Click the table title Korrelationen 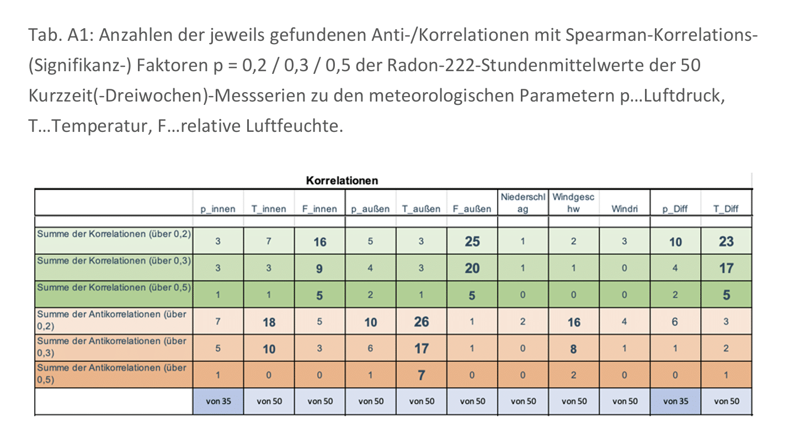click(342, 180)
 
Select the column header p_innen click(218, 209)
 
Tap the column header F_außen click(472, 209)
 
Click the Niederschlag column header click(523, 203)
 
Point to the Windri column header click(625, 209)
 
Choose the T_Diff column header click(726, 209)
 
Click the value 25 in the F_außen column click(472, 242)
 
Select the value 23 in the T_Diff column click(726, 242)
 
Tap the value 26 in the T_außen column click(422, 322)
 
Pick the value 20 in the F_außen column click(472, 269)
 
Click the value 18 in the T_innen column click(269, 322)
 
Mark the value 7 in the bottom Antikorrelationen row click(422, 375)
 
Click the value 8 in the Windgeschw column click(574, 349)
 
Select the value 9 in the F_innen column click(319, 269)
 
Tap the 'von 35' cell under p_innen click(218, 401)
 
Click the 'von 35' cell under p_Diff click(675, 401)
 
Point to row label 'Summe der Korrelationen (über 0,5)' click(114, 288)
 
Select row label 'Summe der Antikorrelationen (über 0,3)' click(112, 347)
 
